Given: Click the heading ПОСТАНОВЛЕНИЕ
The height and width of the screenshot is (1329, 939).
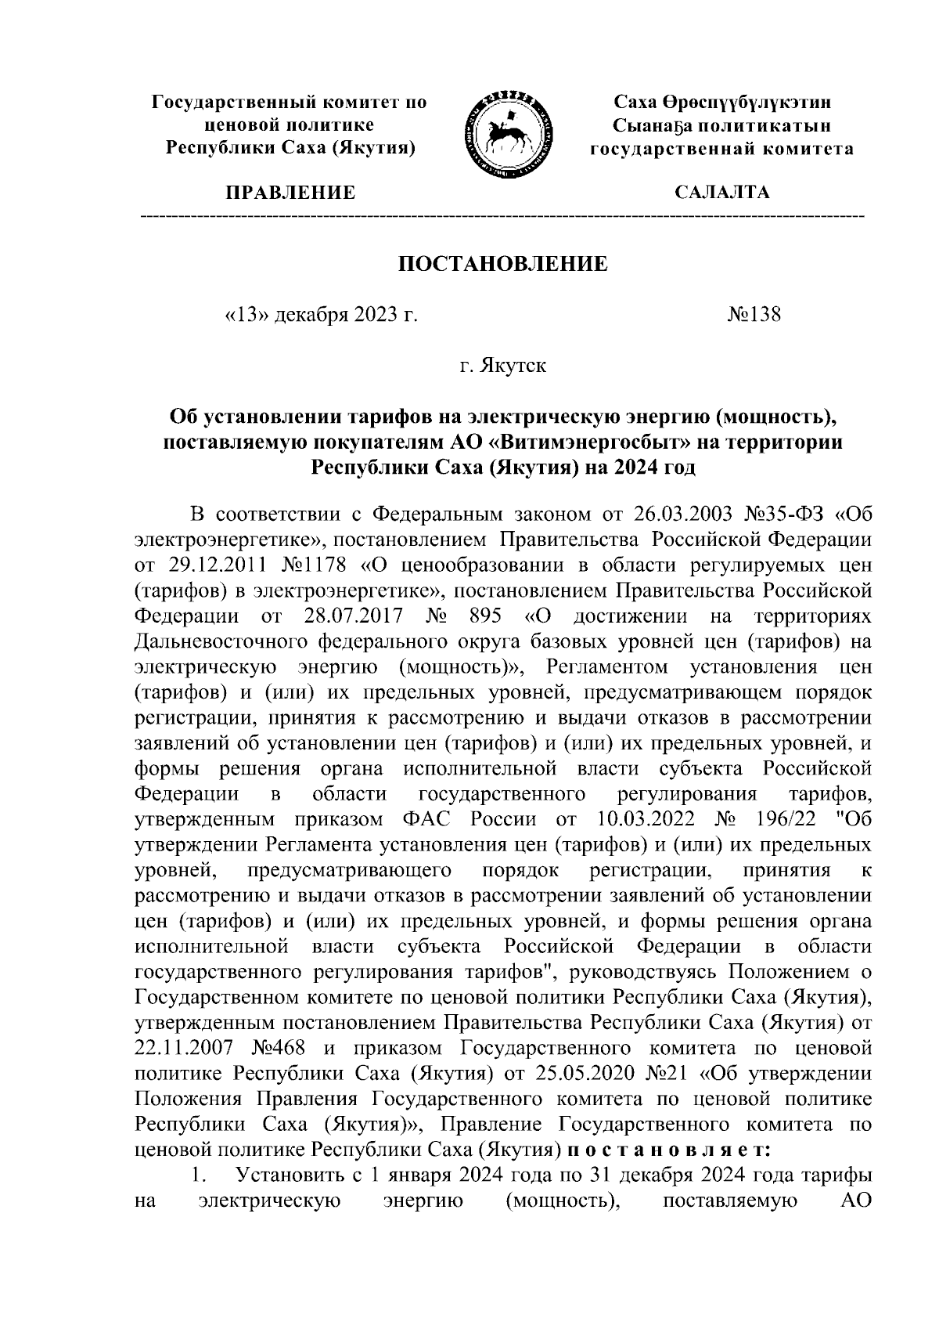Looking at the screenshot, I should click(503, 264).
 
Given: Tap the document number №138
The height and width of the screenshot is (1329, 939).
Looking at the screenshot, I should click(754, 315).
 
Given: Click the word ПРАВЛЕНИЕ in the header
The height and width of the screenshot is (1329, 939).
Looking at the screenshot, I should click(290, 193).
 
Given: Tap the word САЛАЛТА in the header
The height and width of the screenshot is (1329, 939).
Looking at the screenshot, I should click(722, 193).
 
